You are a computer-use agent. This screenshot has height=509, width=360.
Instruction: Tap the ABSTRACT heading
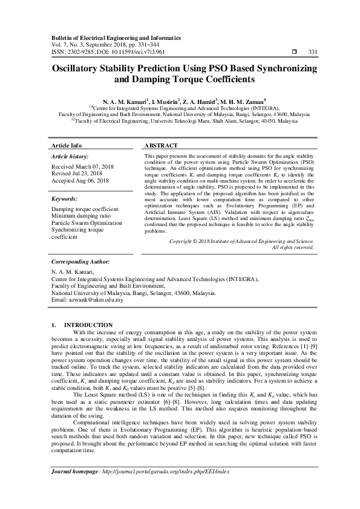(161, 146)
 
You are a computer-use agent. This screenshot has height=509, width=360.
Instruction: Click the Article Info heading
(67, 146)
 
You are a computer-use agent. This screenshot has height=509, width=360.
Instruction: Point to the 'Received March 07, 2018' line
(82, 166)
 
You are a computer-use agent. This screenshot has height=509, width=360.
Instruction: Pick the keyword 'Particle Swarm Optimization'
(87, 223)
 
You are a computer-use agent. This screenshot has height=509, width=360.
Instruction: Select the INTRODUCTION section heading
(88, 325)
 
